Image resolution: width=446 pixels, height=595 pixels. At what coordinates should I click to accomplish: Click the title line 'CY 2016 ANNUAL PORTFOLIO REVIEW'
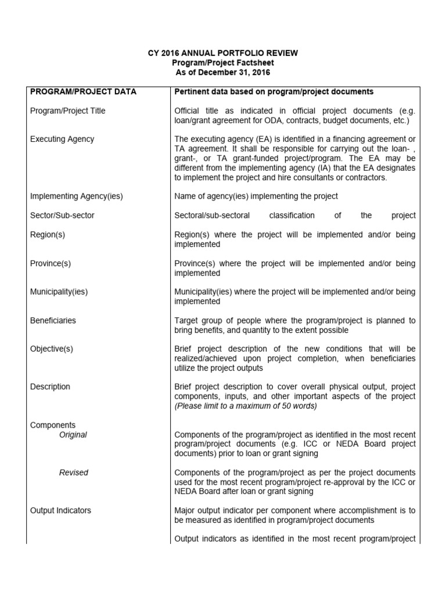coord(223,53)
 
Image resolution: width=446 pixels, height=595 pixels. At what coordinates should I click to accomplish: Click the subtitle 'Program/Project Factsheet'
coord(223,63)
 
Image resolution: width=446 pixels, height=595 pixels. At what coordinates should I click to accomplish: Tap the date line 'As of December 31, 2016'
coord(223,73)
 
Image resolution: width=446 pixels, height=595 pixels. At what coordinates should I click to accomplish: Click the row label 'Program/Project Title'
coord(68,111)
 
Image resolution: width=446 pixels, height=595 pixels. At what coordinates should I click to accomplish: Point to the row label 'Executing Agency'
coord(62,139)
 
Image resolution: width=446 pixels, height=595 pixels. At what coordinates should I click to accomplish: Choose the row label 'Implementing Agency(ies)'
coord(77,196)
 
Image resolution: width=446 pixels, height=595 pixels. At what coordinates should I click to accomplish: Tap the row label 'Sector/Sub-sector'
coord(62,216)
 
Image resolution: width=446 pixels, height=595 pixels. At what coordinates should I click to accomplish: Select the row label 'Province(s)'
coord(51,263)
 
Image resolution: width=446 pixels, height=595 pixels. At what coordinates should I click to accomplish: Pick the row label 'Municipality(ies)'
coord(59,292)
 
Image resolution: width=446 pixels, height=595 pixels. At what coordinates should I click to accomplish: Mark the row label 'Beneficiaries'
coord(53,320)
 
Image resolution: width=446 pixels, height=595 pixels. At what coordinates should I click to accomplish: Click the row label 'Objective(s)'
coord(52,349)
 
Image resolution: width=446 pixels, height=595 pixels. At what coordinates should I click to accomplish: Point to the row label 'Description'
coord(50,386)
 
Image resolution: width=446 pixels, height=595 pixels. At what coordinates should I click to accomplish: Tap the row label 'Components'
coord(53,425)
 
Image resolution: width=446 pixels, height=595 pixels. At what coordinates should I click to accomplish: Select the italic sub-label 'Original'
coord(73,435)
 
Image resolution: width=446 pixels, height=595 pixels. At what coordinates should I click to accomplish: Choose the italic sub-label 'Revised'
coord(74,472)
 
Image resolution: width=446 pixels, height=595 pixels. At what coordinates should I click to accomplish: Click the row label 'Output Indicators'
coord(60,511)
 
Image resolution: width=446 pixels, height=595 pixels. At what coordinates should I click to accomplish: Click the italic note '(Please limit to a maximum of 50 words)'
coord(246,406)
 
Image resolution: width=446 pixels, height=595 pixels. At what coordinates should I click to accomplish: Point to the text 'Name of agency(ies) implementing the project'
coord(256,196)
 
